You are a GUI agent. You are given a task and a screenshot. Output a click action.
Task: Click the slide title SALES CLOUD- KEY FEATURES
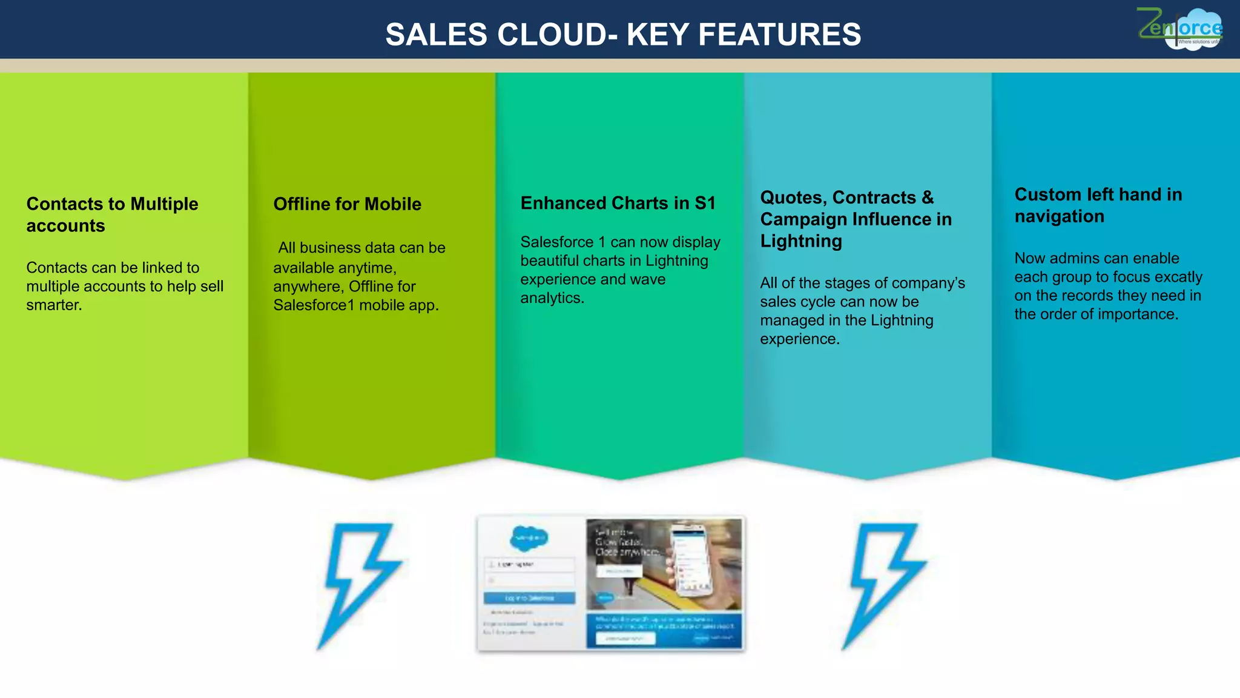(623, 35)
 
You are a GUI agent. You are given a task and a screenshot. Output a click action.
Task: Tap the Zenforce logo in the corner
(1179, 28)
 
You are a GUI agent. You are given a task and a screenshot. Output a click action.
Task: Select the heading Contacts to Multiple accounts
(112, 214)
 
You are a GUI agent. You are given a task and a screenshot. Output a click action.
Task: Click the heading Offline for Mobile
(347, 204)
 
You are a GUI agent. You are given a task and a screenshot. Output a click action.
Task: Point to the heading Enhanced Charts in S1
(618, 203)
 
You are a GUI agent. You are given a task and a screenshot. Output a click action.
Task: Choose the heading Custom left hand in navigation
(1098, 205)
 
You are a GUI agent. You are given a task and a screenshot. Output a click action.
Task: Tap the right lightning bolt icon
(885, 584)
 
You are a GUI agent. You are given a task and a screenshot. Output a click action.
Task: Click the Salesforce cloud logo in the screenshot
(529, 537)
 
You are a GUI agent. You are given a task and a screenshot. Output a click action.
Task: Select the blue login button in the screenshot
(529, 598)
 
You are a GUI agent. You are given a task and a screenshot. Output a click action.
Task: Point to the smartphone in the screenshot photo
(692, 557)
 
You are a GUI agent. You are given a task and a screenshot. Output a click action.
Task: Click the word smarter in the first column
(53, 305)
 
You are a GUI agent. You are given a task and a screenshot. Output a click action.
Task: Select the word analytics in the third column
(551, 298)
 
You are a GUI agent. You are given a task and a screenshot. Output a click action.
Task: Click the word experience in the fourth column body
(798, 339)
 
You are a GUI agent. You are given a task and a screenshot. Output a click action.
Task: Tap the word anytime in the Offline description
(364, 268)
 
